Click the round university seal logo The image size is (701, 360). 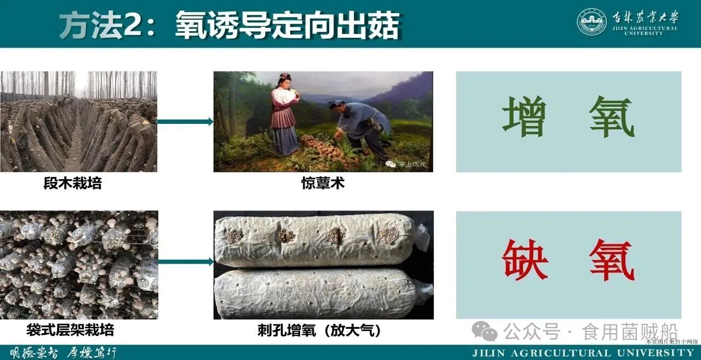point(591,22)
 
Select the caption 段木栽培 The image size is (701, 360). point(73,184)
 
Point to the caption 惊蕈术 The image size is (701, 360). point(323,184)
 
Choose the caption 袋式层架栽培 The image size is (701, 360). point(70,330)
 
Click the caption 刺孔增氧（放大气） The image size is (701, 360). point(319,330)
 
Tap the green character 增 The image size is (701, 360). point(524,117)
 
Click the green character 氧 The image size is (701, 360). point(612,117)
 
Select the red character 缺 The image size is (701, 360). point(525,260)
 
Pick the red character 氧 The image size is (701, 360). point(612,260)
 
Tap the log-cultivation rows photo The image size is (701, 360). point(78,122)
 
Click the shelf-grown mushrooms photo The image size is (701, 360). point(78,265)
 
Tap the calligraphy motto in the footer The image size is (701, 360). point(64,352)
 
